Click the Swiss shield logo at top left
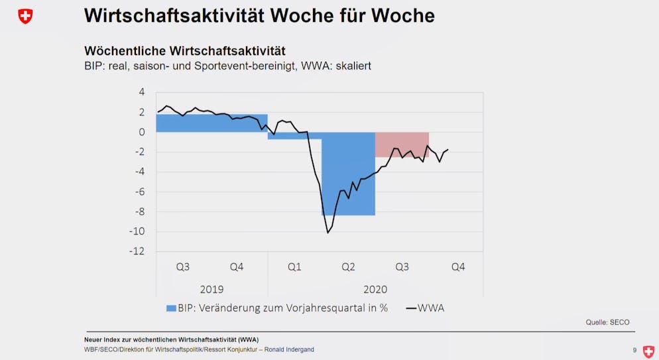click(x=25, y=16)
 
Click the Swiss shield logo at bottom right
click(x=648, y=351)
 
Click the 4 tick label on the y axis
click(x=141, y=92)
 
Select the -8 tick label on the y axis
click(x=139, y=211)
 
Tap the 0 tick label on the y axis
click(x=141, y=132)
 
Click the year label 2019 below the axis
click(x=211, y=289)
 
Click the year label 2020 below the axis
click(x=375, y=289)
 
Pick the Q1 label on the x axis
click(x=294, y=267)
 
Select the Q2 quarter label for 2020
click(x=348, y=267)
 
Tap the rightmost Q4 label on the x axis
click(x=458, y=267)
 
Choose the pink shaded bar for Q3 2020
click(x=402, y=145)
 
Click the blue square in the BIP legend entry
click(x=171, y=308)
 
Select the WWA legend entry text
click(x=431, y=308)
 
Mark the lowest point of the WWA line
click(x=328, y=233)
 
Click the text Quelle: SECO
click(x=607, y=322)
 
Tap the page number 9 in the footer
click(x=634, y=350)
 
